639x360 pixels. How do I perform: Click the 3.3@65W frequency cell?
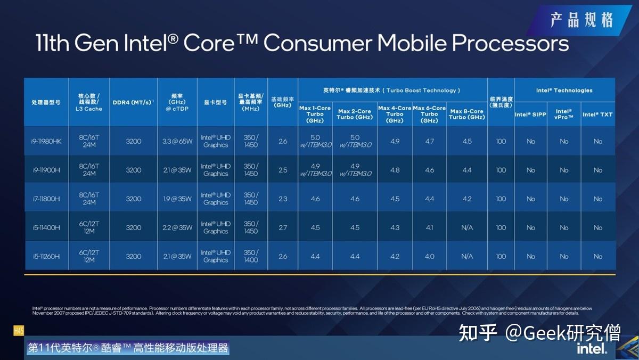pyautogui.click(x=177, y=141)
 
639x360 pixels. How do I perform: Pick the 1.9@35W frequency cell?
pyautogui.click(x=177, y=199)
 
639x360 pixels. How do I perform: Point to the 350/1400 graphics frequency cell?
pyautogui.click(x=251, y=256)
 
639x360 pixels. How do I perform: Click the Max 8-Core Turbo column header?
pyautogui.click(x=467, y=114)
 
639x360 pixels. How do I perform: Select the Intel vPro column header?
pyautogui.click(x=564, y=114)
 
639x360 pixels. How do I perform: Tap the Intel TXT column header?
pyautogui.click(x=597, y=114)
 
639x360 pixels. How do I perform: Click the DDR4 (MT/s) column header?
pyautogui.click(x=133, y=102)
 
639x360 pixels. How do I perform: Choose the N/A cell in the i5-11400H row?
pyautogui.click(x=467, y=227)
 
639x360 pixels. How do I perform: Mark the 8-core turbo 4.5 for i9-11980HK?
pyautogui.click(x=467, y=141)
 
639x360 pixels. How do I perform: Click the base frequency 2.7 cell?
pyautogui.click(x=283, y=227)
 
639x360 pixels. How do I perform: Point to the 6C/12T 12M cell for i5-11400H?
pyautogui.click(x=89, y=227)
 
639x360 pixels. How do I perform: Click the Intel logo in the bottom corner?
pyautogui.click(x=592, y=348)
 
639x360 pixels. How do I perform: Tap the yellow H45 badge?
pyautogui.click(x=19, y=331)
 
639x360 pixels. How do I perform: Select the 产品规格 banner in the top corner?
pyautogui.click(x=581, y=20)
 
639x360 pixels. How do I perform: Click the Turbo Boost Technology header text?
pyautogui.click(x=392, y=91)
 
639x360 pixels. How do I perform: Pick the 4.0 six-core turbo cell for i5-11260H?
pyautogui.click(x=429, y=256)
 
